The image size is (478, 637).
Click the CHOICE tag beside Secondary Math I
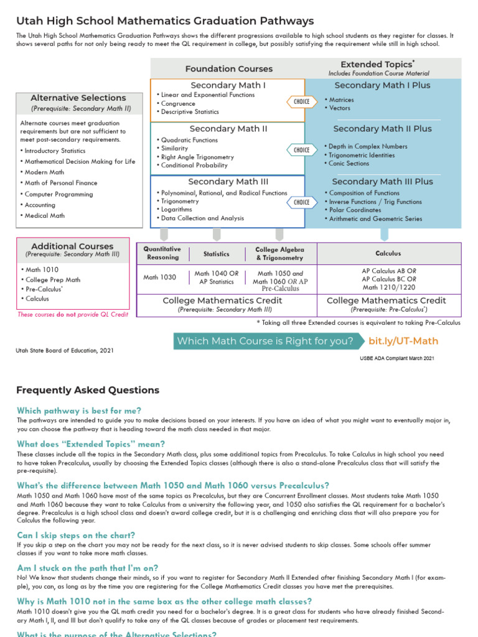(x=301, y=102)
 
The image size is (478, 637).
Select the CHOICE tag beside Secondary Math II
(x=301, y=150)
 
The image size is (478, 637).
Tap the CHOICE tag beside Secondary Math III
(x=301, y=202)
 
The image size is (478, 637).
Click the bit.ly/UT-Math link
(x=403, y=341)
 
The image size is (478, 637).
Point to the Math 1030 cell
(x=160, y=277)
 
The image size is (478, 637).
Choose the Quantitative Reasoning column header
(x=162, y=253)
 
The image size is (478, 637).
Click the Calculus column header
(x=388, y=253)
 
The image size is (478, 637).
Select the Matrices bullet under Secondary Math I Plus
(x=341, y=100)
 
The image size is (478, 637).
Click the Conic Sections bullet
(x=349, y=164)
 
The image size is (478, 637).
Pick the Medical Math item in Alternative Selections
(x=44, y=216)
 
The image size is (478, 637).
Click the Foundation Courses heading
(x=228, y=69)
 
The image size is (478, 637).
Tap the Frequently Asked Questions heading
(x=88, y=390)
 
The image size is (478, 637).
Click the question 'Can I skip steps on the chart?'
(x=76, y=535)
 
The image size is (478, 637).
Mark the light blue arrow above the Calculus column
(x=384, y=234)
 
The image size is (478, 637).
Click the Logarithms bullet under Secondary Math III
(x=177, y=210)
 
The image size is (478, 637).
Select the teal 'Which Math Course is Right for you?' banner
(x=266, y=341)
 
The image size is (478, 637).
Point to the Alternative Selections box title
(x=78, y=98)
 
